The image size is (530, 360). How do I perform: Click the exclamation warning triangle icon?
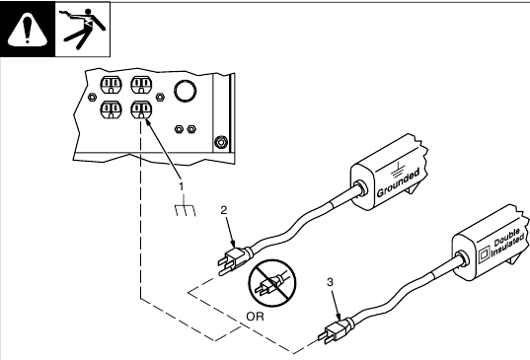coord(28,30)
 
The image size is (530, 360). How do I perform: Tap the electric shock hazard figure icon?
coord(83,29)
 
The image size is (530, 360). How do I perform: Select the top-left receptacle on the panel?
coord(111,85)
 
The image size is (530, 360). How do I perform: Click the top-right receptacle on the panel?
coord(141,85)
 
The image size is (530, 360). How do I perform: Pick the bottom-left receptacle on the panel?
coord(111,110)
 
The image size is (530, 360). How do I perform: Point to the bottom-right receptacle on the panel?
coord(141,110)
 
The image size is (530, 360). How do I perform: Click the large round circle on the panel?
coord(186,91)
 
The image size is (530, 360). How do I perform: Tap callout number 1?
coord(182,186)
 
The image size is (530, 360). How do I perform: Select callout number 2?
coord(224,210)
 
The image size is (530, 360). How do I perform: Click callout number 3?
coord(331,282)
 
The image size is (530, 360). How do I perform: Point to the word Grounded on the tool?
coord(398,182)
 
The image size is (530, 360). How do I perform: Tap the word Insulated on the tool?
coord(507,247)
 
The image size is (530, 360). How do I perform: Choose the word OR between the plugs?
coord(256,317)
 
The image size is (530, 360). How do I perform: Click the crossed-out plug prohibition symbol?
coord(272,283)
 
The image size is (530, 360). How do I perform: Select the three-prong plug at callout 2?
coord(234,259)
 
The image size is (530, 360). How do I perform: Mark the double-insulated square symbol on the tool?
coord(485,253)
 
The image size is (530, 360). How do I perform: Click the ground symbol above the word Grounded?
coord(399,170)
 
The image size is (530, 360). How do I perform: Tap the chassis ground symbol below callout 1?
coord(186,207)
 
